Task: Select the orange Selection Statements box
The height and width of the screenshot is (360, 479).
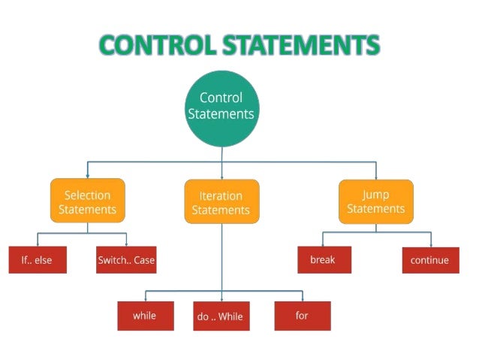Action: coord(87,201)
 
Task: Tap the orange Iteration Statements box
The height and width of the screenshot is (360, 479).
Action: coord(221,201)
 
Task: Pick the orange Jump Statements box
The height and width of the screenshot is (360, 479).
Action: coord(375,201)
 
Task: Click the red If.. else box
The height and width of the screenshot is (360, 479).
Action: coord(37,260)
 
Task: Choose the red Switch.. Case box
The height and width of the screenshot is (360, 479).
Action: coord(126,260)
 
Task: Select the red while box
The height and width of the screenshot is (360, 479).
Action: coord(145,315)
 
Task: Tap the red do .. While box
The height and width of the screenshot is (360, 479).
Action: coord(220,316)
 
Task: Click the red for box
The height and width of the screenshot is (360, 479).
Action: coord(302,315)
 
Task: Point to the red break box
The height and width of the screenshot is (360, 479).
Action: coord(323,259)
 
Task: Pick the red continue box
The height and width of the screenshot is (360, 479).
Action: coord(429,260)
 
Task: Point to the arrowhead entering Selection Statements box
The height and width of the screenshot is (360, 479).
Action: coord(87,176)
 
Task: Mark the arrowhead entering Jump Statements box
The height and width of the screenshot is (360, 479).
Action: coord(375,176)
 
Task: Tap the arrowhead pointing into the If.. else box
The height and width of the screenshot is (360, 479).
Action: coord(37,244)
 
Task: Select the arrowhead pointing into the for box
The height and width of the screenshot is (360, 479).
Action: coord(302,298)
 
